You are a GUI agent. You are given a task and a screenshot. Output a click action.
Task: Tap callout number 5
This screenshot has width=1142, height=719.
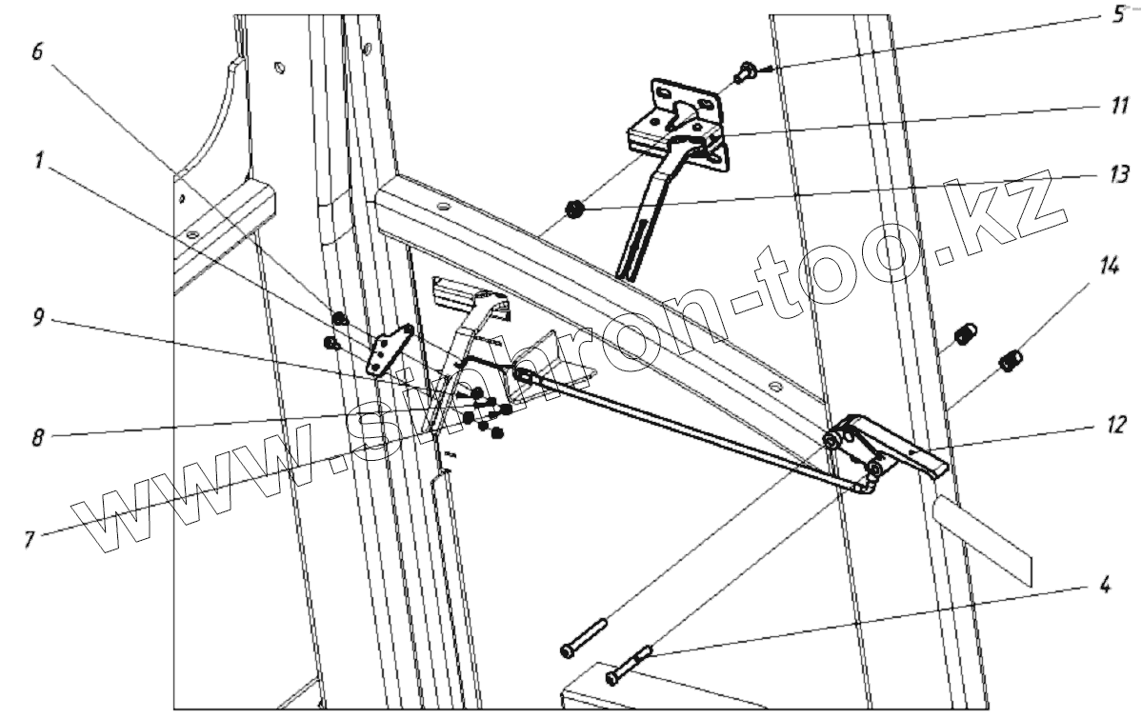point(1117,17)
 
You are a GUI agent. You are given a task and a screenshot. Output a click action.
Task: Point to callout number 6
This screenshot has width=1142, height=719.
point(37,52)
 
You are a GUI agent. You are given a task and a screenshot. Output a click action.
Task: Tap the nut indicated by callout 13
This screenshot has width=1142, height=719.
point(575,210)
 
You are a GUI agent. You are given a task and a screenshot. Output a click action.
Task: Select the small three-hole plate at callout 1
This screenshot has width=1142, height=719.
point(390,351)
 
